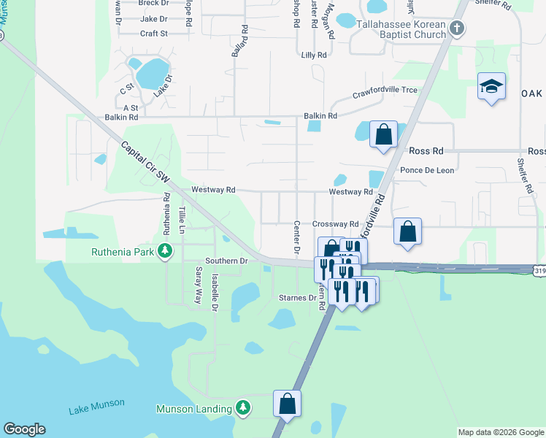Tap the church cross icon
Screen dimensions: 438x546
pos(457,29)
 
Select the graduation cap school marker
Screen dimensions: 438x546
pos(491,88)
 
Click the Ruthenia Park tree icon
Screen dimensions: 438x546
pos(166,252)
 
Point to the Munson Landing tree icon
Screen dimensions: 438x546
pos(244,409)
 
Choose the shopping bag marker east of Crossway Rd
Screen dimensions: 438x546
pos(408,232)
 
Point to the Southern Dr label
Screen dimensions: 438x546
pos(226,261)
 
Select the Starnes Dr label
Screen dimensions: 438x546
pos(298,298)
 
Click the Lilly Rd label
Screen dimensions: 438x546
pos(313,55)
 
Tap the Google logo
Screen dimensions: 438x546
pos(24,429)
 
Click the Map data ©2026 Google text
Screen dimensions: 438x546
pos(500,432)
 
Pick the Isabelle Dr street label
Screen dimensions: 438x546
pos(215,292)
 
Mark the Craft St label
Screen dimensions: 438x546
pos(154,33)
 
